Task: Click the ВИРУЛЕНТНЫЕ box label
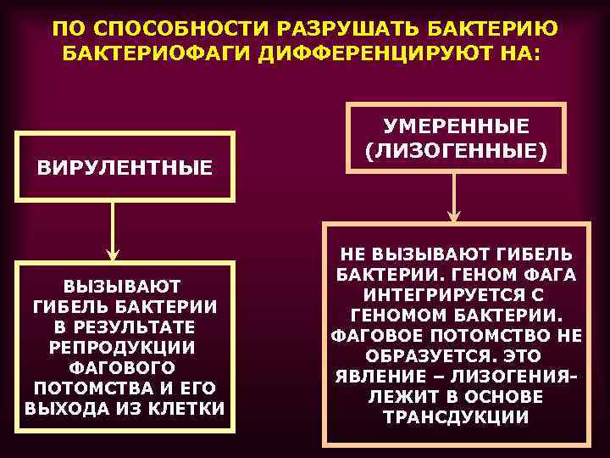click(125, 168)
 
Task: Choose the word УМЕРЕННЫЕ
click(456, 126)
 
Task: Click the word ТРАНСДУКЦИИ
click(456, 418)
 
